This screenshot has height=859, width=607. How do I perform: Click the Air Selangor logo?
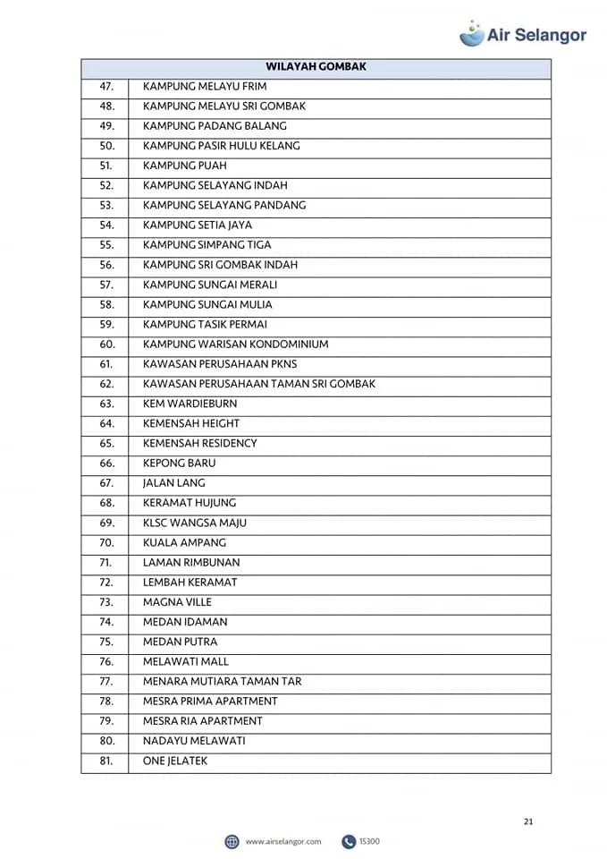tap(523, 34)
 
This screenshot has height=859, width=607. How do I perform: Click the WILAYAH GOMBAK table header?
tap(316, 67)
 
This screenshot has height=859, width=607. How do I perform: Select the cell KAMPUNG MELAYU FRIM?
tap(205, 87)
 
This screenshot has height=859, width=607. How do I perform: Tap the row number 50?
tap(106, 146)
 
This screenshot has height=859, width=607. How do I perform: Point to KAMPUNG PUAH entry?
tap(185, 166)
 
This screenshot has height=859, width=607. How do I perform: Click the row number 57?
tap(106, 285)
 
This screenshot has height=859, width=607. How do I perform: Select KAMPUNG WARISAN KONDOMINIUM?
tap(235, 344)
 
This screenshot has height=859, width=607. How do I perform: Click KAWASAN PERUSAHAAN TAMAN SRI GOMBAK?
tap(259, 384)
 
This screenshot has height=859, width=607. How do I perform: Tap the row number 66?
tap(106, 464)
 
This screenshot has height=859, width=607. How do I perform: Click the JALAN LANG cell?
tap(174, 483)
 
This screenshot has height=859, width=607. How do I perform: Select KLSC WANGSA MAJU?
tap(195, 523)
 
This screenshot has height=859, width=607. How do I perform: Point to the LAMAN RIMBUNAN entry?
tap(191, 563)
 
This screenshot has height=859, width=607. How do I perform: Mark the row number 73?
tap(106, 602)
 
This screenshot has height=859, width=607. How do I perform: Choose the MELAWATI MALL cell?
tap(186, 661)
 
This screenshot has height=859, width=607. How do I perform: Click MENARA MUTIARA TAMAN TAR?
tap(223, 681)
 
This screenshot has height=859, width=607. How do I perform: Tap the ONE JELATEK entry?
tap(175, 761)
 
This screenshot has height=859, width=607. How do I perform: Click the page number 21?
tap(528, 821)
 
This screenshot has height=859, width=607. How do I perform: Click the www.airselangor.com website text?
tap(282, 841)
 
